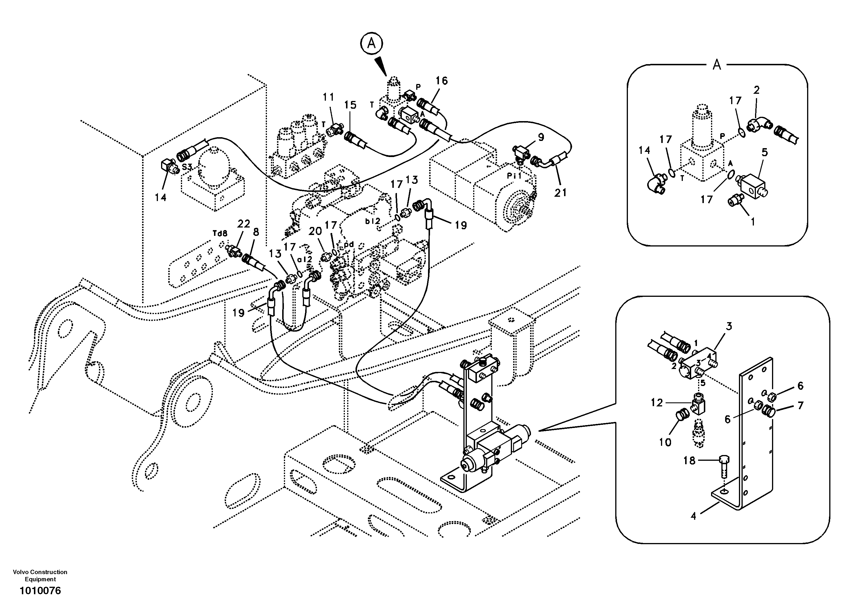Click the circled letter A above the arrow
371,44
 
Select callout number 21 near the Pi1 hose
560,192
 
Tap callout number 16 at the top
442,81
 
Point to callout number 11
328,97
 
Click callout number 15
350,105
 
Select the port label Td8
220,233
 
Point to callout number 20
315,231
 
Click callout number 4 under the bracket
693,516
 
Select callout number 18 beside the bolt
689,460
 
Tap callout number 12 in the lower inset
657,403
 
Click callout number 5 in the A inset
765,152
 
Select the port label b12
372,221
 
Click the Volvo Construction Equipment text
40,575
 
